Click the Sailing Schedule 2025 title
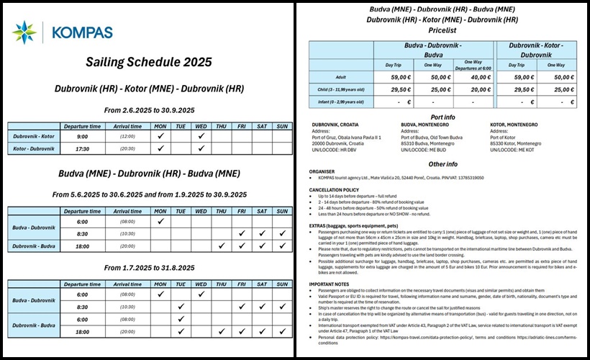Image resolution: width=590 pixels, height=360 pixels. coord(149,62)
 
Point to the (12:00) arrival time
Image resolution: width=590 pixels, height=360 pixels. coord(127,135)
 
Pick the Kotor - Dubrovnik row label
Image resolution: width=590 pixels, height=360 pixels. coord(32,148)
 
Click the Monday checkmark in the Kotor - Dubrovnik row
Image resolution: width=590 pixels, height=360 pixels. coord(161,148)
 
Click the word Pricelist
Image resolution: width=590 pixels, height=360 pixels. coord(441,31)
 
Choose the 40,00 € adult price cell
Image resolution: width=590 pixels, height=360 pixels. coord(472,76)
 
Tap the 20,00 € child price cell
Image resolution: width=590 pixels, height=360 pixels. coord(472,90)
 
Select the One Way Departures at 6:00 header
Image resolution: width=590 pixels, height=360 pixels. coord(472,65)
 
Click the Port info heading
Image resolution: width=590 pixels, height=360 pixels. coord(441,117)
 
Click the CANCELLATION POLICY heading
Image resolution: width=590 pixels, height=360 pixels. coord(335,190)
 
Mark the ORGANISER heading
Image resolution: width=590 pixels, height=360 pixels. coord(323,171)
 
